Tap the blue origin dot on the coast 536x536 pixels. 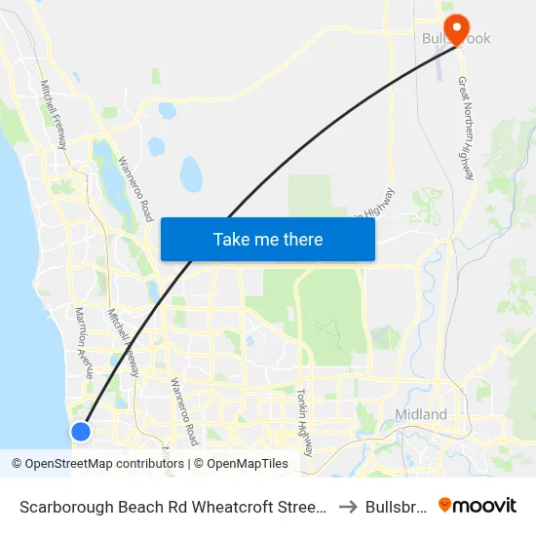81,431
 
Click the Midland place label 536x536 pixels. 421,414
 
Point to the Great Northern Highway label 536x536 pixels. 465,128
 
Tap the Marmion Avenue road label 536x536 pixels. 84,341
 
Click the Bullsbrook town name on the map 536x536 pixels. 455,39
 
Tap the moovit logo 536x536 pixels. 478,505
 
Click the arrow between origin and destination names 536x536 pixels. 347,506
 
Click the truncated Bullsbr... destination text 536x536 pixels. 395,506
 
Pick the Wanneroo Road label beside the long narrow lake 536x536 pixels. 136,188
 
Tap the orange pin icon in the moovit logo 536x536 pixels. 445,505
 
